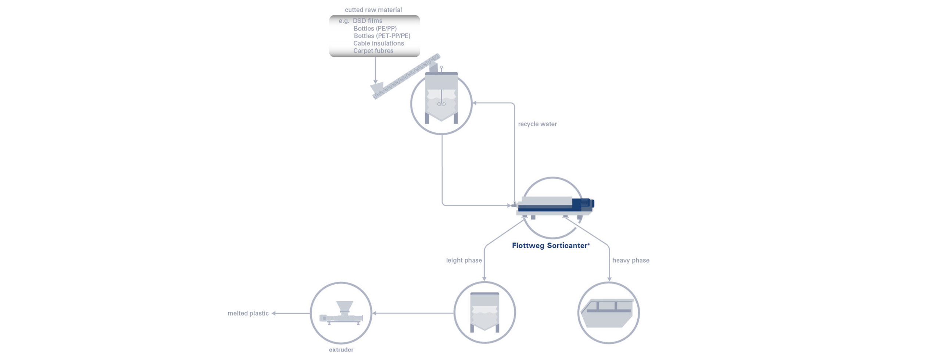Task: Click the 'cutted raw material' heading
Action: [x=373, y=10]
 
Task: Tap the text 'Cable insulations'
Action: [x=378, y=43]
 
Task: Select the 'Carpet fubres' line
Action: [x=373, y=51]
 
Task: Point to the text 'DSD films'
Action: [x=367, y=21]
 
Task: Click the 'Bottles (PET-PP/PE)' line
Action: [x=382, y=36]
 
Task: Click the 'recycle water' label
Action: [x=537, y=124]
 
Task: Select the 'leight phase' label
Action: [x=464, y=260]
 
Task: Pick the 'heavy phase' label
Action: [x=630, y=260]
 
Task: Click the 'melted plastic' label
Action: [x=248, y=313]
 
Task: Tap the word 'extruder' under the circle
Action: [x=341, y=350]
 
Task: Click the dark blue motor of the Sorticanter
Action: [x=583, y=204]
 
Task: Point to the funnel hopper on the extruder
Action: [x=344, y=307]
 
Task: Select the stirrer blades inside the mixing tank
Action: [x=441, y=104]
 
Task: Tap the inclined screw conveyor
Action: [x=406, y=76]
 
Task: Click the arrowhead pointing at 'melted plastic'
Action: [x=273, y=313]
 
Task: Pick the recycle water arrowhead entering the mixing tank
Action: [x=475, y=103]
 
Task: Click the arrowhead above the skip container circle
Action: [x=609, y=279]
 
